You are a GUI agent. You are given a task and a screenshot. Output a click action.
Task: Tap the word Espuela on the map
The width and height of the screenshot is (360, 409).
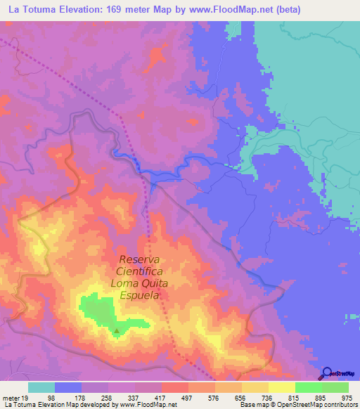[x=140, y=296]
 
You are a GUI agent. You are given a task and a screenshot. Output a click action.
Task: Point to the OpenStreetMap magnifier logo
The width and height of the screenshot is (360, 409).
[x=327, y=374]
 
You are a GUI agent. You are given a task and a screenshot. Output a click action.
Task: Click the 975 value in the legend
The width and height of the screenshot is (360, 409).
[x=347, y=397]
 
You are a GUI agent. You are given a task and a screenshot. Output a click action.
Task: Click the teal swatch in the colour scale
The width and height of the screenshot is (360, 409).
[x=41, y=387]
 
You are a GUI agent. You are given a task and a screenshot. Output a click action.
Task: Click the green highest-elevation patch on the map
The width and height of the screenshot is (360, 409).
[x=98, y=311]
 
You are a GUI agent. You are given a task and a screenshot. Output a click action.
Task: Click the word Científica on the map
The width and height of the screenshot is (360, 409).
[x=140, y=271]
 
